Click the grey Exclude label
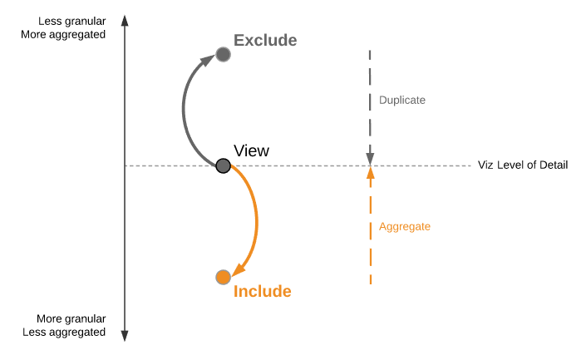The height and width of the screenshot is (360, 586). [264, 40]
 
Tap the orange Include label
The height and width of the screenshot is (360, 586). [263, 291]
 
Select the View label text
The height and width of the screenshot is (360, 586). [251, 150]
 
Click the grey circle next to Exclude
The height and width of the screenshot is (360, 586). [223, 55]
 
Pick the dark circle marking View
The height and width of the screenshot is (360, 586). [223, 165]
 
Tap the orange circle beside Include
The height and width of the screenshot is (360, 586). [222, 277]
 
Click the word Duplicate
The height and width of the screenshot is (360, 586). [401, 100]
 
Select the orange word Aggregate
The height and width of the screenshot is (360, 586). [404, 226]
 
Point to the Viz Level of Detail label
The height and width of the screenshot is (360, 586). [522, 165]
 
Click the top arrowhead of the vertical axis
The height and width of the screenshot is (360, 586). [125, 19]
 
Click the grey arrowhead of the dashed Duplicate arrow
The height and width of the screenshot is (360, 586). [371, 158]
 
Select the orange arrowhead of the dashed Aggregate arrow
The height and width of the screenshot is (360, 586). [371, 173]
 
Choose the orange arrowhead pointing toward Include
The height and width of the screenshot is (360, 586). [238, 269]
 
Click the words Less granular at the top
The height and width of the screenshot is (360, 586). [72, 21]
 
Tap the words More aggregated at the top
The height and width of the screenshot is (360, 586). [66, 35]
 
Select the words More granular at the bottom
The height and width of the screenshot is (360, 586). [71, 318]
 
